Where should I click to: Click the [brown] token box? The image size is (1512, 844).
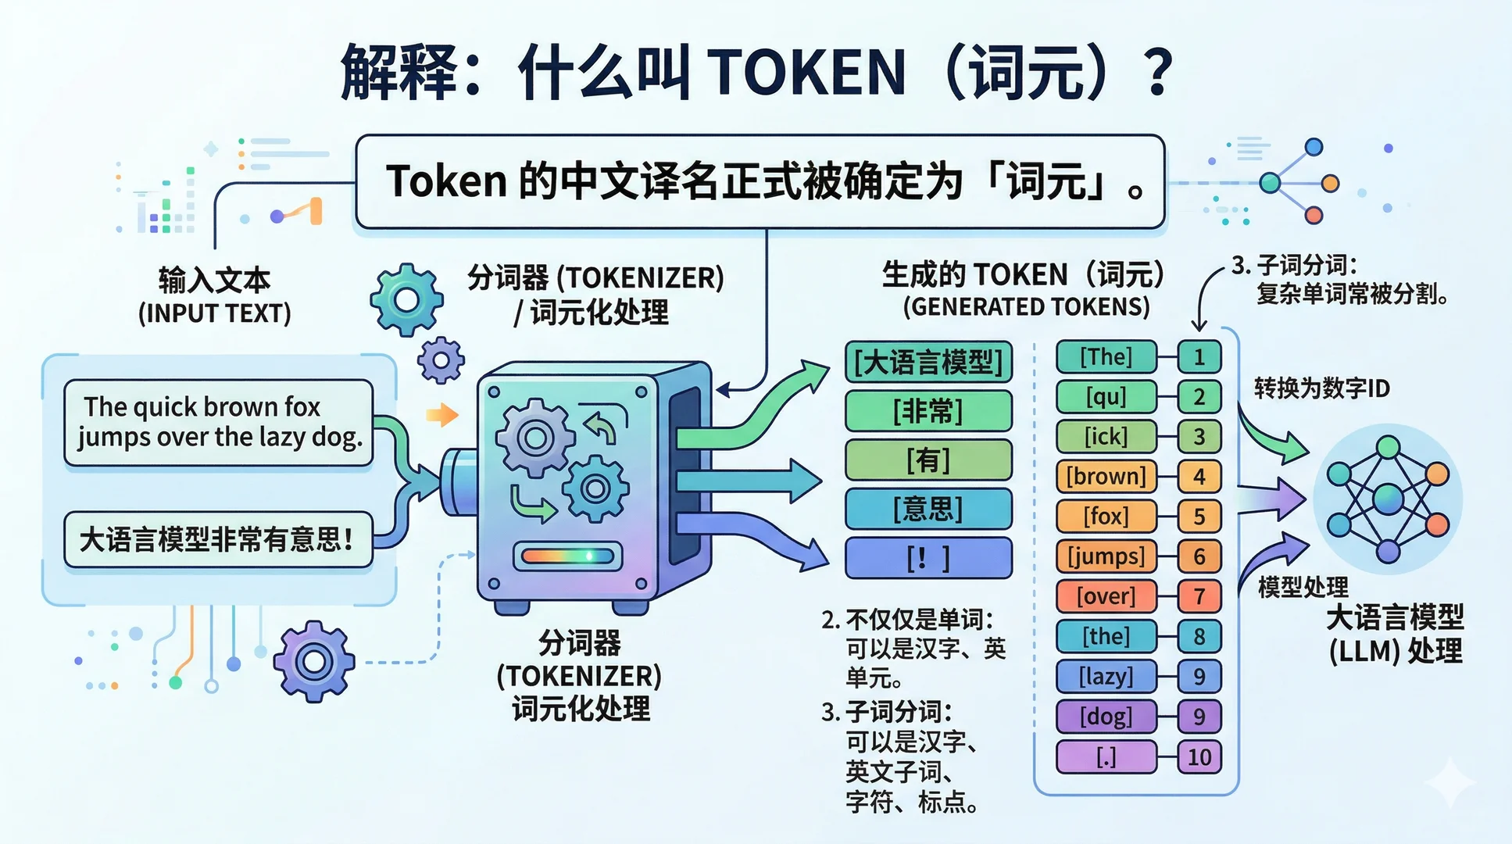[x=1106, y=476]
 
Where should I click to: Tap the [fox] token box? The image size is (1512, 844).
[x=1106, y=516]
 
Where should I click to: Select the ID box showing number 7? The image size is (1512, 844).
[x=1199, y=596]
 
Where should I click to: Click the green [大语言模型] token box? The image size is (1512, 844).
[x=928, y=362]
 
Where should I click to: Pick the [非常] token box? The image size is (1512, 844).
[x=928, y=411]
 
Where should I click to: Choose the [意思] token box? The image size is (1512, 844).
[x=928, y=509]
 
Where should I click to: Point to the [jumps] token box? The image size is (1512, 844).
[x=1106, y=556]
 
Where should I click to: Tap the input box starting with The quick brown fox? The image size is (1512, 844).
[x=218, y=422]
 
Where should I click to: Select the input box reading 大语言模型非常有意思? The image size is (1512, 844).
[x=218, y=539]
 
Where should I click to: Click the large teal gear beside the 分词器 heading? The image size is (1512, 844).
[x=406, y=299]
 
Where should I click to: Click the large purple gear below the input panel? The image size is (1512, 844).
[x=314, y=661]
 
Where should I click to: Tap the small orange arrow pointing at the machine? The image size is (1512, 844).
[x=442, y=414]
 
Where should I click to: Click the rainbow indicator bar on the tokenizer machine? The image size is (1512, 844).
[x=568, y=556]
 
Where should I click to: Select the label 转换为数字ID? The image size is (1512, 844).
[x=1321, y=388]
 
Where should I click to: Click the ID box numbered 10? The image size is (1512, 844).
[x=1199, y=756]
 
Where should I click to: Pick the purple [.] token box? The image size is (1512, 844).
[x=1106, y=756]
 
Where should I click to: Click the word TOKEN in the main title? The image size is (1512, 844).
[x=808, y=73]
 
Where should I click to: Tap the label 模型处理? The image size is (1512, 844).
[x=1303, y=587]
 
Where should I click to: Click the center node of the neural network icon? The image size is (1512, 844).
[x=1388, y=499]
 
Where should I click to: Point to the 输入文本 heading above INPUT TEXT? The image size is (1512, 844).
[x=214, y=280]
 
